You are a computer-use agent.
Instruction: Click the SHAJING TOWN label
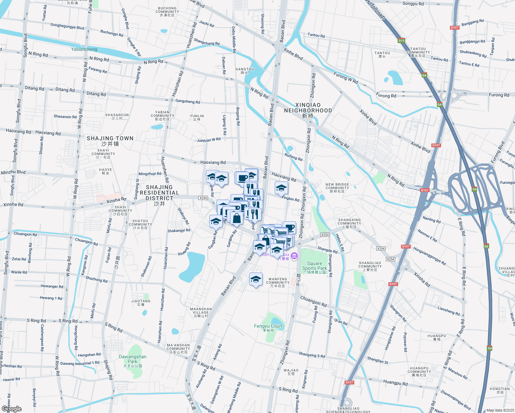click(x=110, y=141)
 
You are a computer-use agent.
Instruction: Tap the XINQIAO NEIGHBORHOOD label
click(x=308, y=110)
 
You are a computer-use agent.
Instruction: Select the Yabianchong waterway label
click(x=84, y=49)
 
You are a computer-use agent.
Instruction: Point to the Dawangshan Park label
click(x=133, y=359)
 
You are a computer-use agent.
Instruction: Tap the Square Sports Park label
click(x=314, y=266)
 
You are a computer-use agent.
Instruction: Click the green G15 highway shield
click(x=401, y=41)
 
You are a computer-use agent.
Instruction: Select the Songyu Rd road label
click(x=413, y=4)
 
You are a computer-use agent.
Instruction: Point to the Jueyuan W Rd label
click(x=209, y=140)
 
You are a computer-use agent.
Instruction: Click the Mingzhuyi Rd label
click(x=150, y=174)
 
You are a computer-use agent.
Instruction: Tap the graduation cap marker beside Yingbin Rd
click(x=281, y=188)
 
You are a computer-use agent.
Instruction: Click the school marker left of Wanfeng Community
click(x=256, y=279)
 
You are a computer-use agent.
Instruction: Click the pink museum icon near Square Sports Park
click(x=294, y=256)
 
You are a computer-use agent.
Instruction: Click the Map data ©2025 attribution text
click(x=500, y=410)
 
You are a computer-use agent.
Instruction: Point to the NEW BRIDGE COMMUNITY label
click(x=337, y=188)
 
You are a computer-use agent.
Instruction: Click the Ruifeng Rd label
click(x=293, y=157)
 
